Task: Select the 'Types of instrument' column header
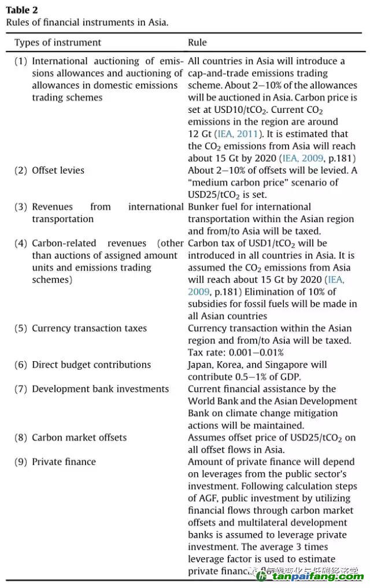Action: (57, 42)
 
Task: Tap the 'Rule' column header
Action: (197, 42)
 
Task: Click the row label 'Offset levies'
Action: (58, 170)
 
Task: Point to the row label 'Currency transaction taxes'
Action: (89, 328)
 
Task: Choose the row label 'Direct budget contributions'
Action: (91, 365)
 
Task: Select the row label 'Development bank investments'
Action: (100, 389)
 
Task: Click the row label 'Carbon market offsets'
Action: (79, 438)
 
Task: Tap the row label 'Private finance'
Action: (64, 462)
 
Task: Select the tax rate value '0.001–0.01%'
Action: (258, 352)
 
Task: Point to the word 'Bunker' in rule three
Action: (203, 207)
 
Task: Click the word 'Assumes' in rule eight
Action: (206, 438)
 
